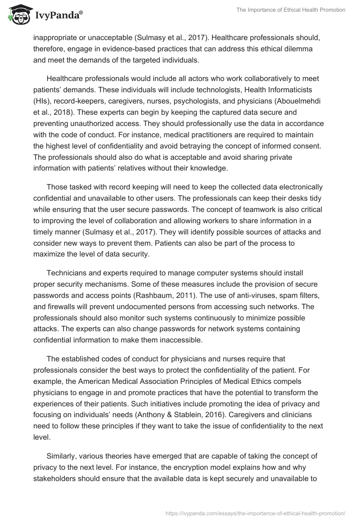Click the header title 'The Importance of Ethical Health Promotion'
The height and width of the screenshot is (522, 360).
coord(291,10)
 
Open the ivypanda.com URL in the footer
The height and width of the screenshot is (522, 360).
coord(256,513)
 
